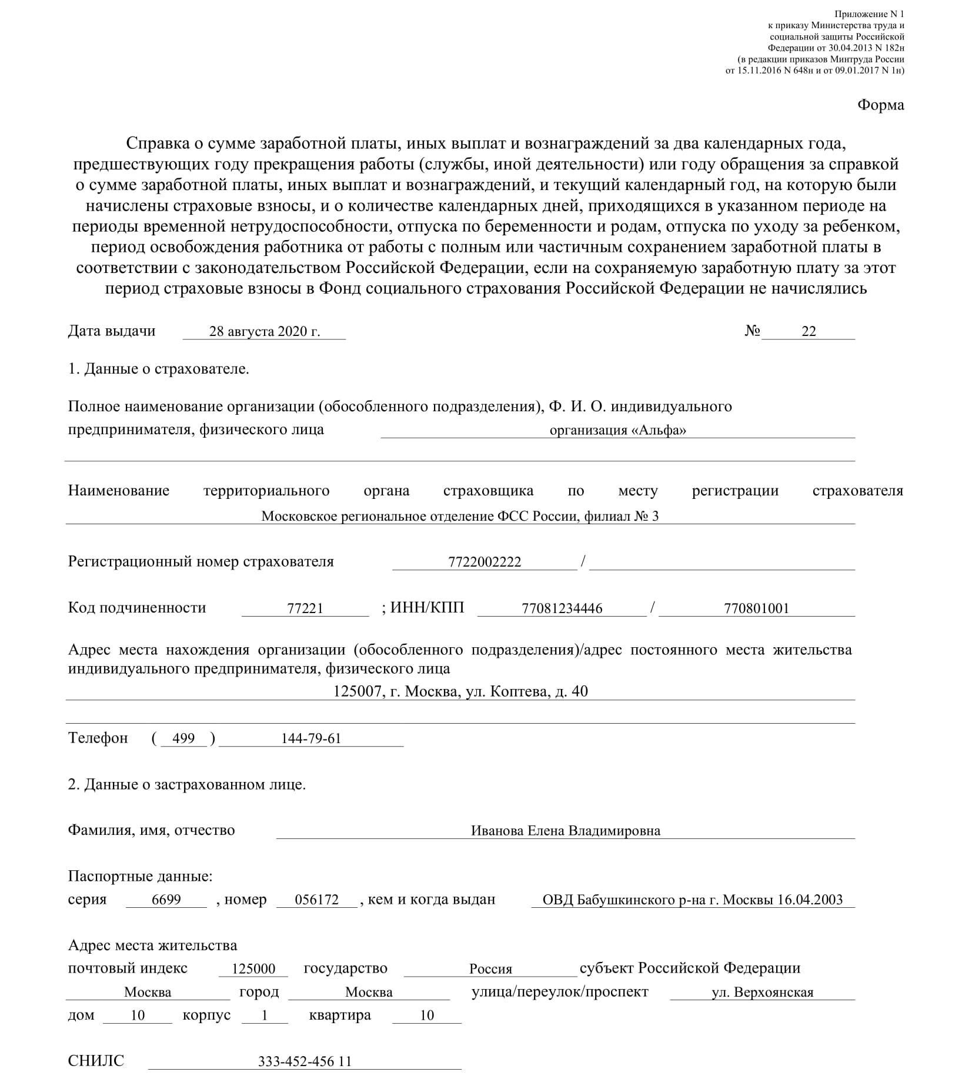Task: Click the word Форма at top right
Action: click(x=880, y=105)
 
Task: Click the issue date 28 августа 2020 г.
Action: click(x=265, y=331)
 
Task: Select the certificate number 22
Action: click(x=809, y=331)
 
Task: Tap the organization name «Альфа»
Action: click(x=618, y=430)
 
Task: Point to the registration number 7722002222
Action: click(x=485, y=562)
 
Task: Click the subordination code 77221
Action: click(x=305, y=608)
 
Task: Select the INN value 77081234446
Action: click(x=562, y=608)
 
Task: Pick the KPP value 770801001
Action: click(x=756, y=608)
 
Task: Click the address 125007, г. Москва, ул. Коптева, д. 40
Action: click(x=460, y=691)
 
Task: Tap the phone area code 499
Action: click(x=184, y=738)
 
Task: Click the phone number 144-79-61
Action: click(x=311, y=738)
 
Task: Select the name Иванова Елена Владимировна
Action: click(x=565, y=831)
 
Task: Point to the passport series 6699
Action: click(x=166, y=900)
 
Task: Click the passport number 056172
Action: click(x=316, y=900)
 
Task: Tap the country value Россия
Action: click(x=490, y=969)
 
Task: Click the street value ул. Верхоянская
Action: click(x=762, y=993)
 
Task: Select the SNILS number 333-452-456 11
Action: click(x=305, y=1061)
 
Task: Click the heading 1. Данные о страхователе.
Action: click(x=159, y=369)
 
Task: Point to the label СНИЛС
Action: click(x=96, y=1061)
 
